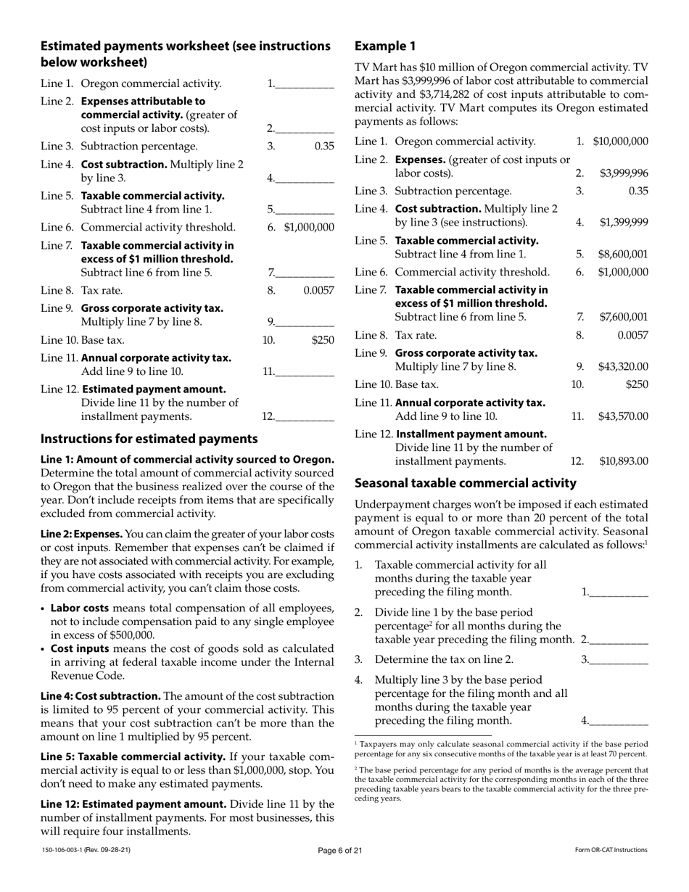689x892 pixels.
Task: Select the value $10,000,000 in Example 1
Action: pos(620,141)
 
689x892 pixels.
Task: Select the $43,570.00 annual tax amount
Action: pos(623,416)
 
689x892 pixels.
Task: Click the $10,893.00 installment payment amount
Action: pos(623,461)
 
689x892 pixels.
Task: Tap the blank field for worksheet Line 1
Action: pos(305,84)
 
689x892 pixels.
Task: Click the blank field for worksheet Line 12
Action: pos(305,417)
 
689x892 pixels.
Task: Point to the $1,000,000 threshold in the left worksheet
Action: pos(309,227)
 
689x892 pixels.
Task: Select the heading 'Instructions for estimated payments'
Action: pos(149,439)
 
